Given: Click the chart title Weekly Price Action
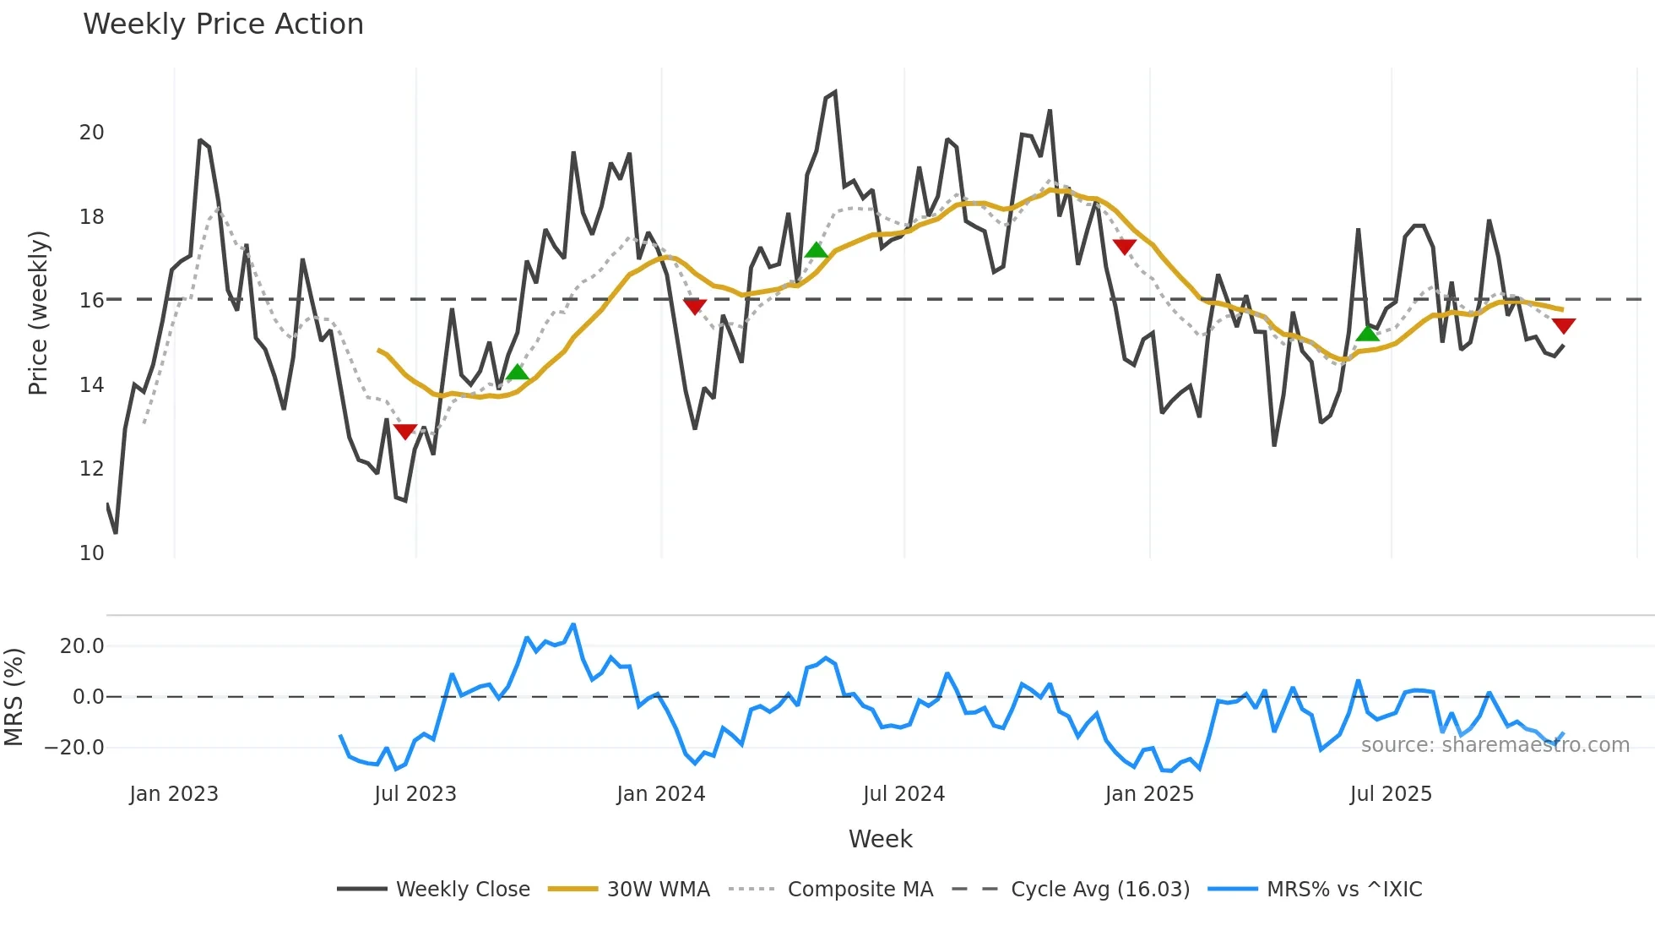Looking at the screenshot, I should [x=223, y=24].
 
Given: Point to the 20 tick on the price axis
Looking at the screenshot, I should [x=92, y=133].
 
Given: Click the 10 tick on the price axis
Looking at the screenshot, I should [x=92, y=553].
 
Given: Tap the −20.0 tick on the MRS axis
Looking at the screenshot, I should [x=74, y=748].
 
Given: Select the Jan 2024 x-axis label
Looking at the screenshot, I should [x=660, y=794].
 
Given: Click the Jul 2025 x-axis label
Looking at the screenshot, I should [x=1391, y=794].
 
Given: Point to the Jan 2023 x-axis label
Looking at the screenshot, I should [x=174, y=794].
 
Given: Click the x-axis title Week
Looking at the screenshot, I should [x=880, y=839].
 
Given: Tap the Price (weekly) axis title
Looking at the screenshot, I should [x=38, y=313].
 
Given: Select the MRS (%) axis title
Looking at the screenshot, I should [x=14, y=697].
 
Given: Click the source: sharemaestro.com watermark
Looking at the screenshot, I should [x=1495, y=745].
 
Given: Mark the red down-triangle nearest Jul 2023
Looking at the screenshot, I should [x=405, y=432].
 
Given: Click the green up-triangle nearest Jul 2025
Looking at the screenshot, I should [x=1367, y=334].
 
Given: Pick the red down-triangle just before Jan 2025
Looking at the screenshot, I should [x=1125, y=246].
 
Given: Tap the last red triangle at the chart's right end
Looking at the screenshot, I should [x=1564, y=325].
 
